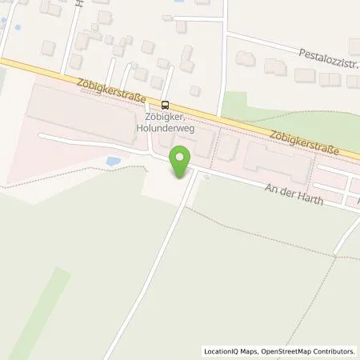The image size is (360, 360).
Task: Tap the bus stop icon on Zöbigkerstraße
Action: pos(166,103)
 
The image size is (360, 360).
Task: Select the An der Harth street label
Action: pos(293,193)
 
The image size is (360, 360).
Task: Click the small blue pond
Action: pos(113,162)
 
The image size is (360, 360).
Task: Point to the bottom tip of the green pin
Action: pos(183,177)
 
